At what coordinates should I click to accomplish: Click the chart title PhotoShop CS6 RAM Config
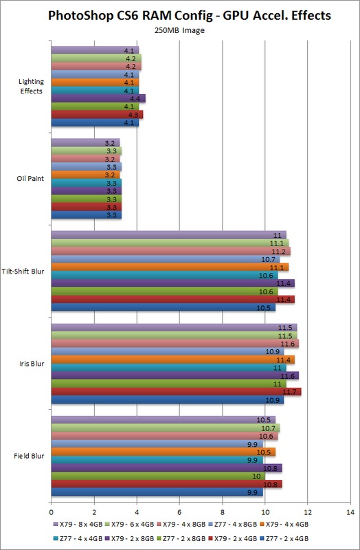point(130,16)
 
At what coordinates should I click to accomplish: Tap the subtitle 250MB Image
point(179,30)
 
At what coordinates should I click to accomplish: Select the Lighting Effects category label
point(31,87)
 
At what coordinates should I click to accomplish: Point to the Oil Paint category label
point(30,179)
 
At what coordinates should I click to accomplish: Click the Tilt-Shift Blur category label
point(23,272)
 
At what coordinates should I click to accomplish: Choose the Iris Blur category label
point(32,364)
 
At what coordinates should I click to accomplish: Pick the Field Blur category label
point(29,456)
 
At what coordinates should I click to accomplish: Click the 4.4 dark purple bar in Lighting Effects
point(98,98)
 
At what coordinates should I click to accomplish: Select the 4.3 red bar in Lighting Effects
point(97,115)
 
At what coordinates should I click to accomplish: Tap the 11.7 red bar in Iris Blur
point(177,391)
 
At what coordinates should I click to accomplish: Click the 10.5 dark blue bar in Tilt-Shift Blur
point(164,307)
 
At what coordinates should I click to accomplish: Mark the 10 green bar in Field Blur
point(158,476)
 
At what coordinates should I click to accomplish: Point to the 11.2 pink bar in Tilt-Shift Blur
point(171,251)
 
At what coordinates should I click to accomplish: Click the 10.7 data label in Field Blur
point(269,428)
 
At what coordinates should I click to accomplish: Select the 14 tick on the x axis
point(350,512)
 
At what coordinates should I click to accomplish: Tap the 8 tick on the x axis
point(222,512)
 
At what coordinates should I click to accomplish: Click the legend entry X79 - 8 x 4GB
point(78,525)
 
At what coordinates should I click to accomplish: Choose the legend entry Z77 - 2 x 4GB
point(284,538)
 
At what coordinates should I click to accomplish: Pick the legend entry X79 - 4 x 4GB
point(284,525)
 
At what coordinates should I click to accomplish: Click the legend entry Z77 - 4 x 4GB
point(78,538)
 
